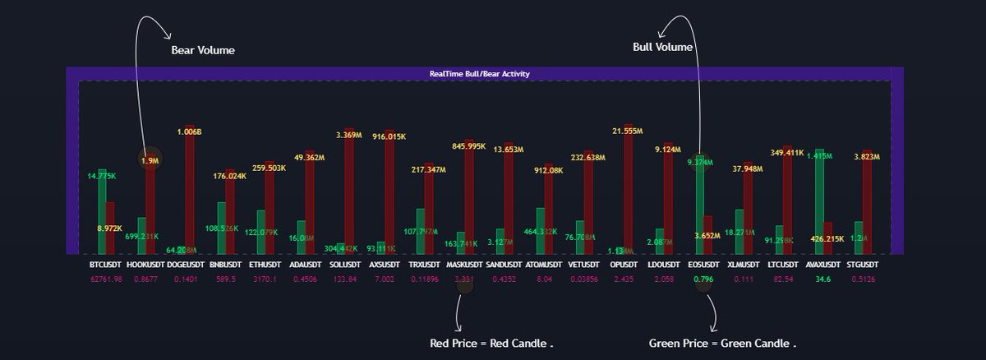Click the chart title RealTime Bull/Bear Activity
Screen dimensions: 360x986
[x=479, y=74]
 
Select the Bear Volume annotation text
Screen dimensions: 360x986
[x=203, y=50]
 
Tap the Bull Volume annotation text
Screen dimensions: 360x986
[x=662, y=47]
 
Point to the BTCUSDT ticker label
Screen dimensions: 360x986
[x=106, y=265]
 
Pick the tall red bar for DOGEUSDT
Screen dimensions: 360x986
[x=190, y=189]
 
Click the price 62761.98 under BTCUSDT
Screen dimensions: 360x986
[x=106, y=279]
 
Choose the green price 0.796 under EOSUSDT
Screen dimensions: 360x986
[x=703, y=279]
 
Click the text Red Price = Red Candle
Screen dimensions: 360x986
[x=491, y=343]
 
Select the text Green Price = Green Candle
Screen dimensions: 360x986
[x=722, y=343]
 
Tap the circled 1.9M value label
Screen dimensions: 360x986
[x=150, y=161]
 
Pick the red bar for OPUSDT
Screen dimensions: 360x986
[x=629, y=189]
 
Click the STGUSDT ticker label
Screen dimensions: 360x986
[x=861, y=265]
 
